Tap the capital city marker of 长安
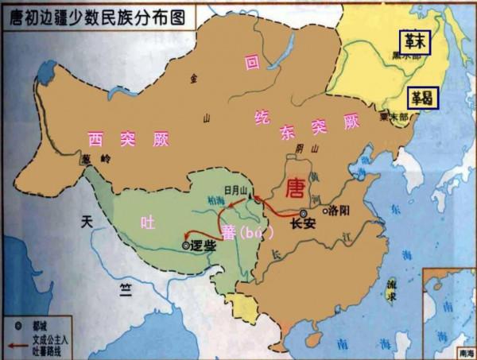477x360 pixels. click(303, 214)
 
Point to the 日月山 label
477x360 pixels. click(237, 191)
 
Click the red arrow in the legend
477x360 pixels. click(17, 343)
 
